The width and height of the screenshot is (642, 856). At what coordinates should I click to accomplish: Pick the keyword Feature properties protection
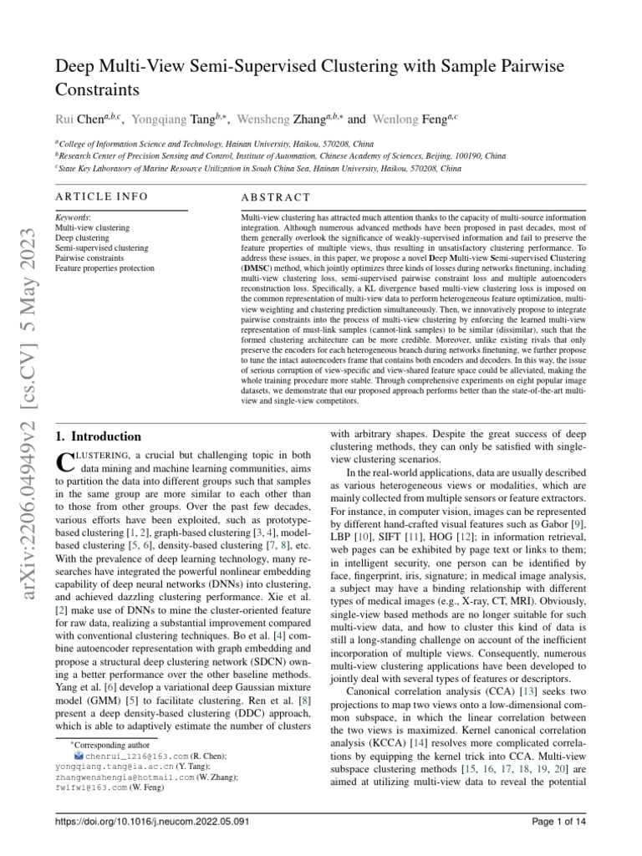point(104,268)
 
